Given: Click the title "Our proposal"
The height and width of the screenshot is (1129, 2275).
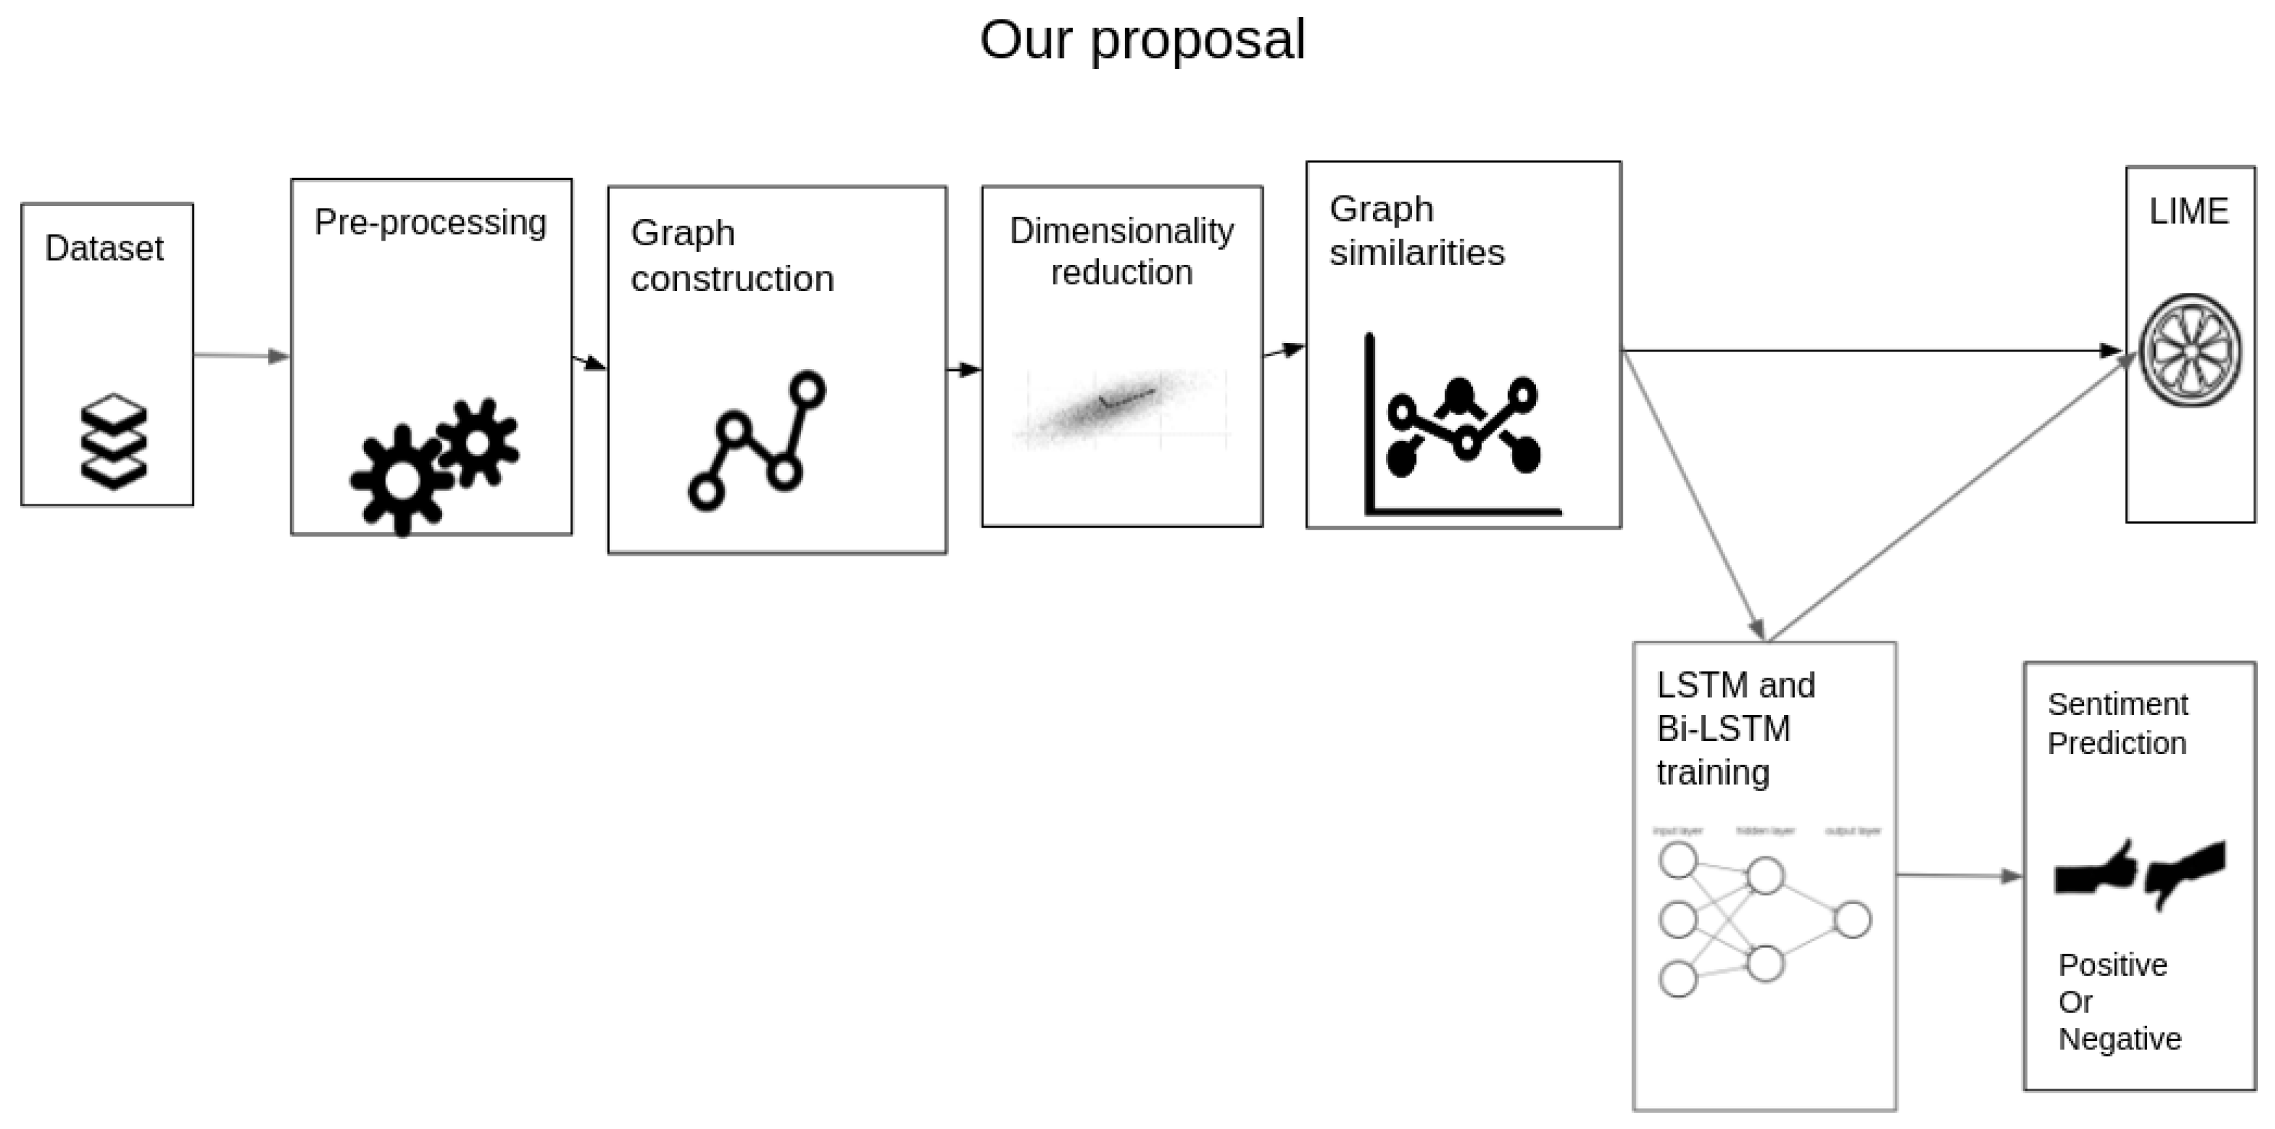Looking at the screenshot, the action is [1142, 40].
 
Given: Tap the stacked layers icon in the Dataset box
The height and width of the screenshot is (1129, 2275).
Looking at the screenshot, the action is [113, 441].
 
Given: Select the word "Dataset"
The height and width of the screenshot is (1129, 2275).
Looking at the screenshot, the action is [104, 248].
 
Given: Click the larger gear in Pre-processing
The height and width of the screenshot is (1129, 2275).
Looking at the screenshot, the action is [402, 479].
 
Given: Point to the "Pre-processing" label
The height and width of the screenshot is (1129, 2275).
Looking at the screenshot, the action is [430, 222].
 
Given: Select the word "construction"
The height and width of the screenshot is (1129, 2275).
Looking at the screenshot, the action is [732, 279].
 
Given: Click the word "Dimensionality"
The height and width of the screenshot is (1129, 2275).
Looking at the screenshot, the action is [1122, 232].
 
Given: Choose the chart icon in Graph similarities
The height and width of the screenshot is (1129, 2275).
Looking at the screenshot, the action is [1462, 426].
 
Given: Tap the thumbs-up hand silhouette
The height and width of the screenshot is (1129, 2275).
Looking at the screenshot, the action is [2096, 869].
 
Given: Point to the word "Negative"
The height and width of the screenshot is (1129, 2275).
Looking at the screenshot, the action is [2120, 1039].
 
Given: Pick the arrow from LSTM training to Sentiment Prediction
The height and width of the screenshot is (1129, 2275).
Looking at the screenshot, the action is [1959, 875].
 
